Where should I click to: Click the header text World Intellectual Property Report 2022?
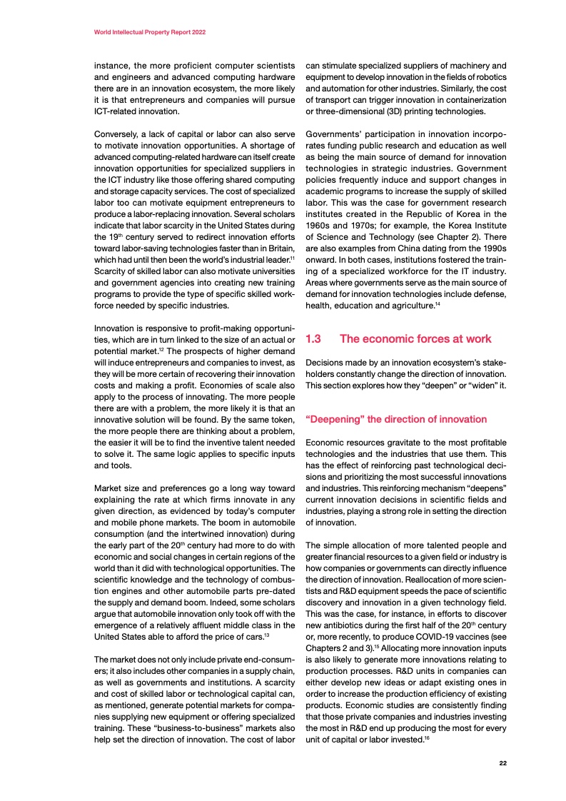point(151,33)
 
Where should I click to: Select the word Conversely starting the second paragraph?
point(119,134)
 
